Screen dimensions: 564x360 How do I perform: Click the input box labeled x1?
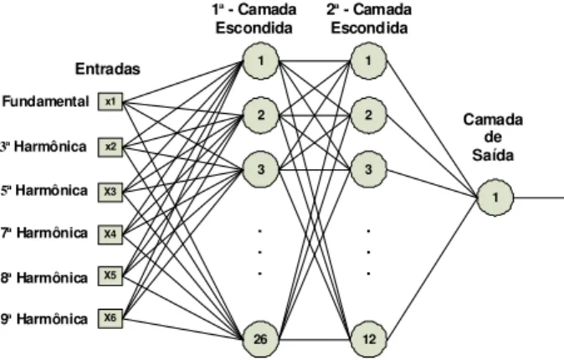tap(110, 102)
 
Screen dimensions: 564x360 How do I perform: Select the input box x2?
tap(110, 147)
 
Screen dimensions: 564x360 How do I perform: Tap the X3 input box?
tap(110, 192)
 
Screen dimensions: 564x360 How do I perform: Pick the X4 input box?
tap(110, 234)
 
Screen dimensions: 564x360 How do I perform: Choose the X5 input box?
tap(110, 276)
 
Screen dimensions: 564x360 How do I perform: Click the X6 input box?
tap(110, 319)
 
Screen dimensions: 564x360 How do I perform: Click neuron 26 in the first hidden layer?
tap(261, 339)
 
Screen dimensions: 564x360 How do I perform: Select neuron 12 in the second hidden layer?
tap(369, 339)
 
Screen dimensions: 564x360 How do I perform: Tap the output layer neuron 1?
tap(495, 198)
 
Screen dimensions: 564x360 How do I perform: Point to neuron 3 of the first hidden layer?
tap(261, 170)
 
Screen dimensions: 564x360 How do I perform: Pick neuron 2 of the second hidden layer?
tap(369, 116)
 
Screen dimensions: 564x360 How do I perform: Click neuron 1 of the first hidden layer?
tap(261, 61)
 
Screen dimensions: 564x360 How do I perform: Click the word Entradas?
tap(108, 69)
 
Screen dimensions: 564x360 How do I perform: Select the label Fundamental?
tap(45, 101)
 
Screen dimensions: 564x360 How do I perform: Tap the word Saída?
tap(493, 155)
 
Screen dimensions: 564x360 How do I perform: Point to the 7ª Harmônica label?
tap(44, 234)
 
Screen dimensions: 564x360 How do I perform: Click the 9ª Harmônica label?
tap(44, 319)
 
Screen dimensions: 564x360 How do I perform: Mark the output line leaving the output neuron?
tap(539, 198)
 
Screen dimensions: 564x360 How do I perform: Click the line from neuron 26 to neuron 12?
tap(315, 339)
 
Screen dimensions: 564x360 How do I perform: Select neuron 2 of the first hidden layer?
tap(261, 116)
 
